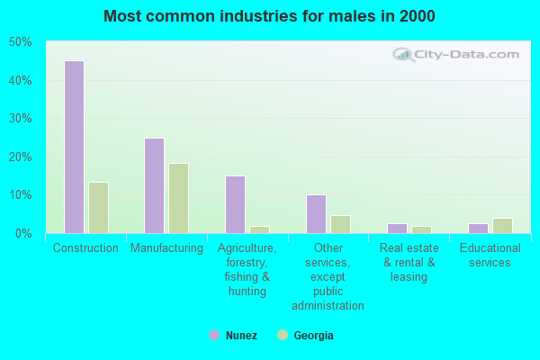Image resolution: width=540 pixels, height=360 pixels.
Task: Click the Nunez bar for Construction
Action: (74, 147)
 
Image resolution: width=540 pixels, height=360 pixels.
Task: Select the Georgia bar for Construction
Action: (98, 208)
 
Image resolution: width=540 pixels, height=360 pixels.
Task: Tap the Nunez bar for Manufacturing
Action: (155, 185)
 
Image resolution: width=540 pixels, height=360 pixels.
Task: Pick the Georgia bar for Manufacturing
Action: (179, 198)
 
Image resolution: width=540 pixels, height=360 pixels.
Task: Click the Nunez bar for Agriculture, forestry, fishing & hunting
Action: (235, 204)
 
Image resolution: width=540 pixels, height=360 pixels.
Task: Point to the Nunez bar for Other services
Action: (316, 214)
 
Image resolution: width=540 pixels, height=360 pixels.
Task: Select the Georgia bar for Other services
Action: (340, 224)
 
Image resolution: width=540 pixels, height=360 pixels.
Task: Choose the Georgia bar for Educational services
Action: (502, 226)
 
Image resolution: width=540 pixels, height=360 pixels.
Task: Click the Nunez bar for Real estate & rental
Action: (397, 229)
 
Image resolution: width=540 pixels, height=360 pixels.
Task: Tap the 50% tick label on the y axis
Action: (20, 42)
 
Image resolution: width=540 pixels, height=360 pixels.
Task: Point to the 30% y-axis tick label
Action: (20, 119)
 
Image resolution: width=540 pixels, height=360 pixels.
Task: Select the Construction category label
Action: (85, 248)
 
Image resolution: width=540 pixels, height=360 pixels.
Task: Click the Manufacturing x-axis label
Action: (166, 248)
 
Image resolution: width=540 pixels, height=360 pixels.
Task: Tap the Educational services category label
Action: (490, 256)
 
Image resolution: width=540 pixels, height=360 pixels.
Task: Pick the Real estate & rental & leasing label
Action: (409, 262)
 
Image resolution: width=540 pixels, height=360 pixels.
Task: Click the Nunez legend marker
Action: (214, 335)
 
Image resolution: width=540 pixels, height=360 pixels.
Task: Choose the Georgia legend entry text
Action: (313, 336)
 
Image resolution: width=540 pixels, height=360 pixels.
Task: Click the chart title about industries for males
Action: (269, 16)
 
